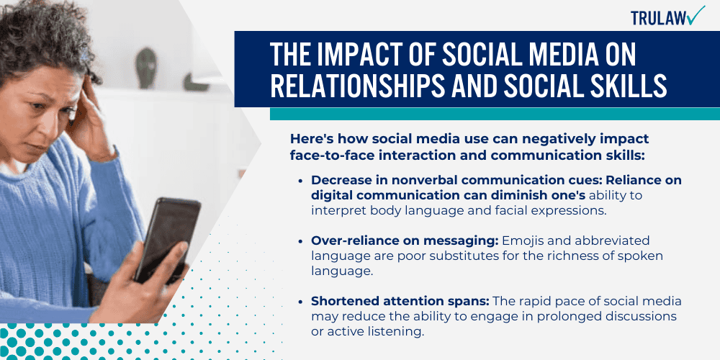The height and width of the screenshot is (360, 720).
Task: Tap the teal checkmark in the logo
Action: pyautogui.click(x=696, y=15)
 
